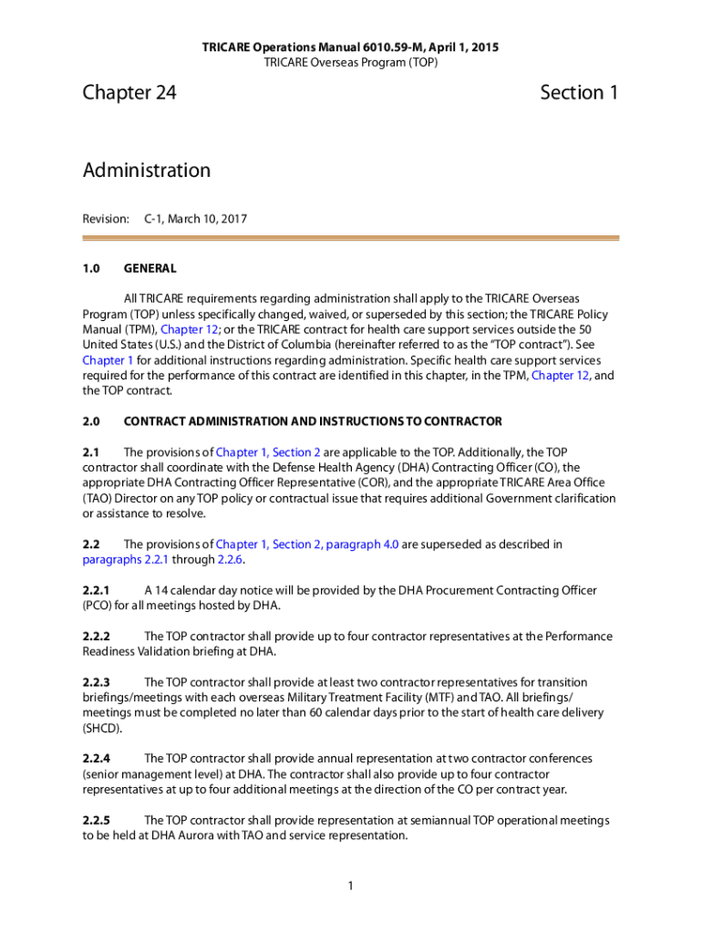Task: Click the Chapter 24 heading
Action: click(129, 93)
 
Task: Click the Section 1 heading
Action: click(579, 93)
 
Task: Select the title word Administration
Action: click(146, 171)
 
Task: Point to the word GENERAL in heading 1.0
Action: click(150, 269)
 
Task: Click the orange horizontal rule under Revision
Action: click(351, 239)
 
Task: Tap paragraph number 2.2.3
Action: click(96, 682)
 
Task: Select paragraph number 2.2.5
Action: click(96, 820)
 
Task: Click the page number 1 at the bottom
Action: click(351, 886)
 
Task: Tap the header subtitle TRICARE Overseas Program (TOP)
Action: click(351, 62)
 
